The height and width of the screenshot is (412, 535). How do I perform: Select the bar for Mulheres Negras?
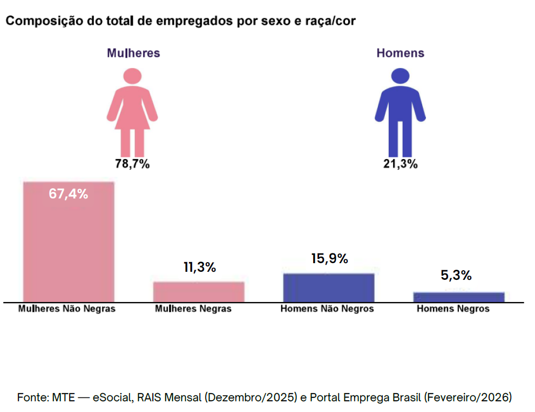[x=199, y=292]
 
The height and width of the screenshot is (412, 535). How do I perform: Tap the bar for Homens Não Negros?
[x=329, y=287]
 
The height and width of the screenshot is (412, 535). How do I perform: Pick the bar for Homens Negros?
[x=459, y=297]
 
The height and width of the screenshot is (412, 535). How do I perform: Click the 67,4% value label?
[x=69, y=194]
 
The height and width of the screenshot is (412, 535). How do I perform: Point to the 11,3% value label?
[x=199, y=267]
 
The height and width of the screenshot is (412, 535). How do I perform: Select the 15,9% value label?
[x=329, y=258]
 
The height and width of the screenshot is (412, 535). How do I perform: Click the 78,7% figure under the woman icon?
[x=132, y=164]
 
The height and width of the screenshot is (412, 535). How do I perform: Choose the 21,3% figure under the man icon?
[x=400, y=164]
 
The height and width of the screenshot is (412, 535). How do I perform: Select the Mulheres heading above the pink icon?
[x=133, y=53]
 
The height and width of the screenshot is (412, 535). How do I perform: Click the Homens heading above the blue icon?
[x=400, y=53]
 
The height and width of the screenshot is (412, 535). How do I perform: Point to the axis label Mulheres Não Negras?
[x=67, y=309]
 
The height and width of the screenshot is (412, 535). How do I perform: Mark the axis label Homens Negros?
[x=453, y=309]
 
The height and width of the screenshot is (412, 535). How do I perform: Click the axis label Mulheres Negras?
[x=193, y=309]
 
